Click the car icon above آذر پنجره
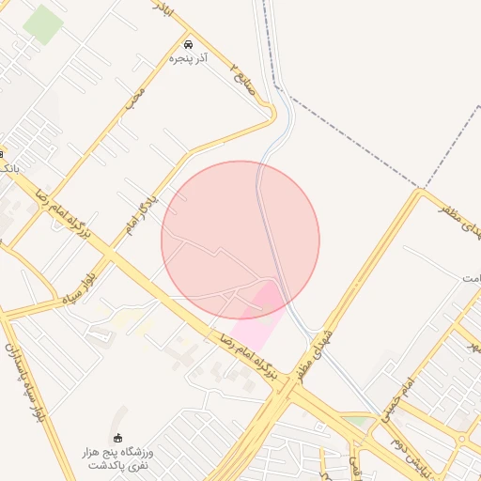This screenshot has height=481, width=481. pos(188,44)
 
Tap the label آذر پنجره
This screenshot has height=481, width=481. pos(189,58)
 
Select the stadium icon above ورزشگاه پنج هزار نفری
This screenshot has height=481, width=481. pos(117,438)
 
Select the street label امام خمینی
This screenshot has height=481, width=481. pos(394,400)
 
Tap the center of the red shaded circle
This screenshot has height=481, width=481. pos(240,240)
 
